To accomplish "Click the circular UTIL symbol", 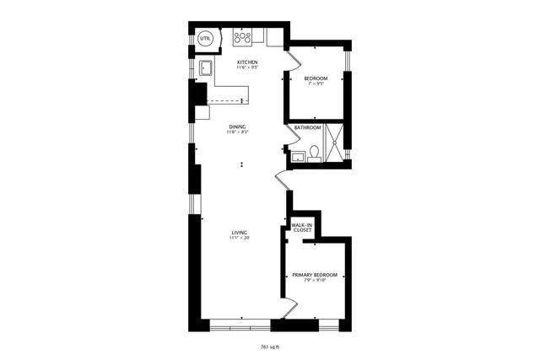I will pos(205,39).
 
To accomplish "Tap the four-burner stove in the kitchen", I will pos(242,38).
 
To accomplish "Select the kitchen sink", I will pos(206,67).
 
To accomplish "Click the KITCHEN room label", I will pos(246,62).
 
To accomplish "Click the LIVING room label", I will pos(240,233).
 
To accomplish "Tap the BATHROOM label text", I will pos(307,127).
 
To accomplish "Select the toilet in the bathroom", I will pos(313,152).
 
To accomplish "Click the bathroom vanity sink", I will pos(298,156).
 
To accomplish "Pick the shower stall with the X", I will pos(337,144).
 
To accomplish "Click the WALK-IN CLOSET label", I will pos(301,228).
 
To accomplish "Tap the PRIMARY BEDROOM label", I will pos(314,275).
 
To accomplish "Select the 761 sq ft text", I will pos(269,347).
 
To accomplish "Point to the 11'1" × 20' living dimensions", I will pos(240,239).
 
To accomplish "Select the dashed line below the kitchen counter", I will pos(224,100).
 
